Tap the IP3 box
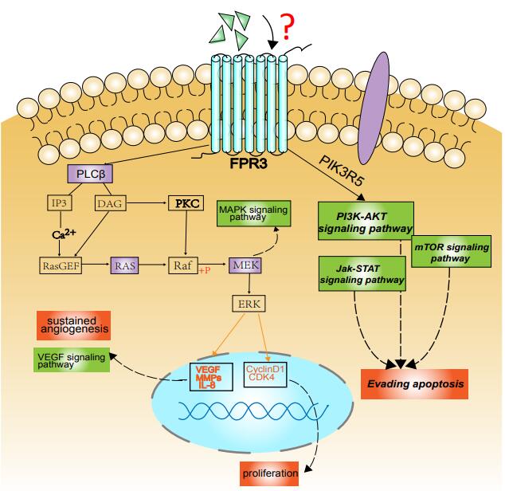[x=58, y=204]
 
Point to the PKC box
[x=186, y=204]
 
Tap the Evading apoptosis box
[x=413, y=383]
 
